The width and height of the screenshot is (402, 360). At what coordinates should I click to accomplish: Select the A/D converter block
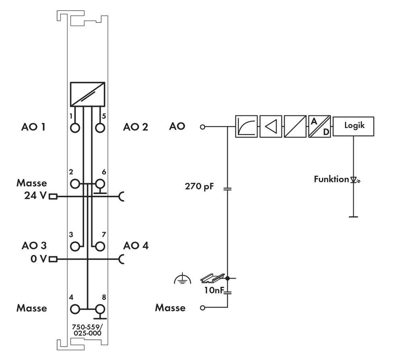(320, 127)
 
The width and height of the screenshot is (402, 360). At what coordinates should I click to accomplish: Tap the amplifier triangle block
(271, 127)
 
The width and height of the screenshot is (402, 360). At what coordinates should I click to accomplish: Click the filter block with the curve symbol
(246, 127)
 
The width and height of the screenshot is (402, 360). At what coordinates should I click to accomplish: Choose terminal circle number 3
(75, 246)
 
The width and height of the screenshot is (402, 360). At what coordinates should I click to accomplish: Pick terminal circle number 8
(100, 309)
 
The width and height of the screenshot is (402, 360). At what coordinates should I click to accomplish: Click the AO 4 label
(136, 245)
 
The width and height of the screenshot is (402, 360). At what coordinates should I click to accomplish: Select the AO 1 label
(33, 127)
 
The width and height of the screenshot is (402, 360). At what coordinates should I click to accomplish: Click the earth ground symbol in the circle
(182, 278)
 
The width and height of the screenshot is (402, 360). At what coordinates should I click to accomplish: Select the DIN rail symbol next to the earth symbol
(211, 278)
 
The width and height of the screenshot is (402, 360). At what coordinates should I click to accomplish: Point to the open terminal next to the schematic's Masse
(203, 308)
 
